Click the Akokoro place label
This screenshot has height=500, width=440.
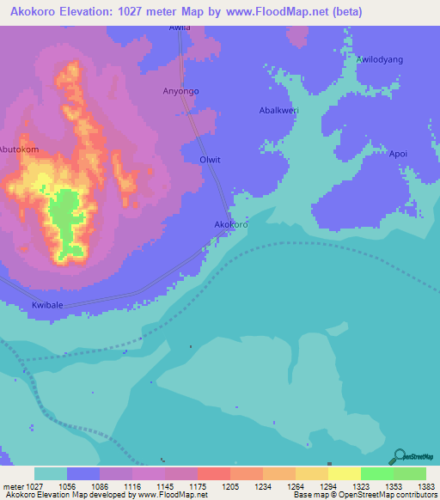click(231, 225)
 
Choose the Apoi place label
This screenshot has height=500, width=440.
click(398, 155)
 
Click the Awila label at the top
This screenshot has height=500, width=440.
click(180, 27)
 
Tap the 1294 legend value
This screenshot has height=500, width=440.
click(327, 486)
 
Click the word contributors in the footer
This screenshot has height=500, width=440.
click(414, 496)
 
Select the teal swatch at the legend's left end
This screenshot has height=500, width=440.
click(50, 473)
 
